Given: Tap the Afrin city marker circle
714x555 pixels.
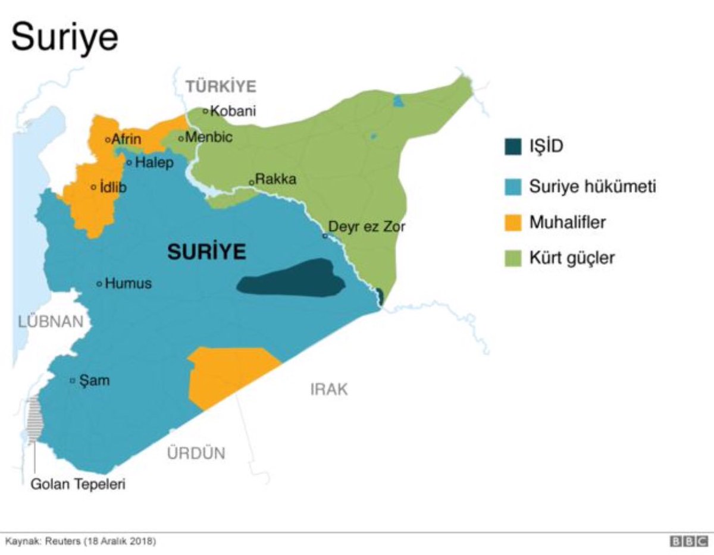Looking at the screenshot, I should click(x=107, y=140).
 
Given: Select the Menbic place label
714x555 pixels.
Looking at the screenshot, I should click(x=208, y=138).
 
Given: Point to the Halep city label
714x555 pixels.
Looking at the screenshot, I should click(x=154, y=163).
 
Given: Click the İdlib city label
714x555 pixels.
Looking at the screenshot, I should click(x=113, y=187).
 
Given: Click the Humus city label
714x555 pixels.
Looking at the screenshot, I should click(x=128, y=284).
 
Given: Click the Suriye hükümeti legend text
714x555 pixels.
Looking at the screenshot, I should click(x=593, y=187).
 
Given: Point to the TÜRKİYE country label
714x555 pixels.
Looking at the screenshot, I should click(x=221, y=86).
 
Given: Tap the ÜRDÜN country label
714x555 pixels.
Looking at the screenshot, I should click(x=196, y=453).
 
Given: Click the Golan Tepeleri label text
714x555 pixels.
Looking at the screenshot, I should click(x=78, y=484).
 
